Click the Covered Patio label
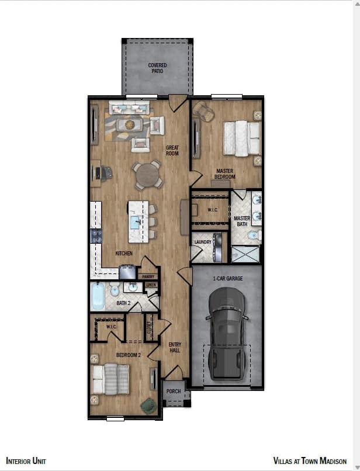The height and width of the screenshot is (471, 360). pyautogui.click(x=157, y=68)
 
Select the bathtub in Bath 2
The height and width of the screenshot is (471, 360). pyautogui.click(x=98, y=297)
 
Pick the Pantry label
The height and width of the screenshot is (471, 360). pyautogui.click(x=147, y=277)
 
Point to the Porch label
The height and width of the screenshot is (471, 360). pyautogui.click(x=174, y=392)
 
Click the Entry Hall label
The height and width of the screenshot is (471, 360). pyautogui.click(x=174, y=348)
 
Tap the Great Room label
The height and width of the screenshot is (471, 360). pyautogui.click(x=172, y=150)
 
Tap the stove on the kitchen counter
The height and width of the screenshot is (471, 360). pyautogui.click(x=96, y=236)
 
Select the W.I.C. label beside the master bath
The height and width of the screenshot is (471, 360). pyautogui.click(x=213, y=209)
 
